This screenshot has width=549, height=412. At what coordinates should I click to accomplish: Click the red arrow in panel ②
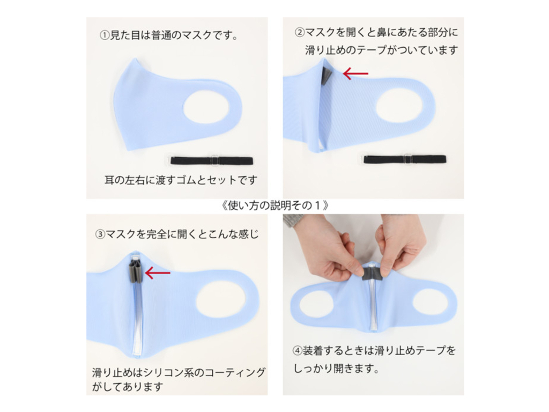[355, 74]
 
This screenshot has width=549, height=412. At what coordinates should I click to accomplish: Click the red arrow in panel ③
[158, 273]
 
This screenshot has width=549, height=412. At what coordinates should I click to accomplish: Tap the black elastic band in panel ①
[212, 161]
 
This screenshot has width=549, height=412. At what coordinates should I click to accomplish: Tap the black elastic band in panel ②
[405, 159]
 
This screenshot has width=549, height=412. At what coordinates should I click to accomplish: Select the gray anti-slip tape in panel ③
[137, 270]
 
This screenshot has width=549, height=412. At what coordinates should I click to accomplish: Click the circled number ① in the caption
[105, 35]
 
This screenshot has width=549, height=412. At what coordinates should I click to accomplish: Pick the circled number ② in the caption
[300, 33]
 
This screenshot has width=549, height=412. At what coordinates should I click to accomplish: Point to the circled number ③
[100, 234]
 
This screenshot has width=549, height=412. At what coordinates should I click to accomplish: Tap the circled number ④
[298, 351]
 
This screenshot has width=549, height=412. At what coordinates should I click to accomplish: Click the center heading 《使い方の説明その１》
[275, 205]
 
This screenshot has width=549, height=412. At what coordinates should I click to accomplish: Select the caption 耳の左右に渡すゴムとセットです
[181, 180]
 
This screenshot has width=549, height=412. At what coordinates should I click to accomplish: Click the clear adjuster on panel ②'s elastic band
[407, 159]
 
